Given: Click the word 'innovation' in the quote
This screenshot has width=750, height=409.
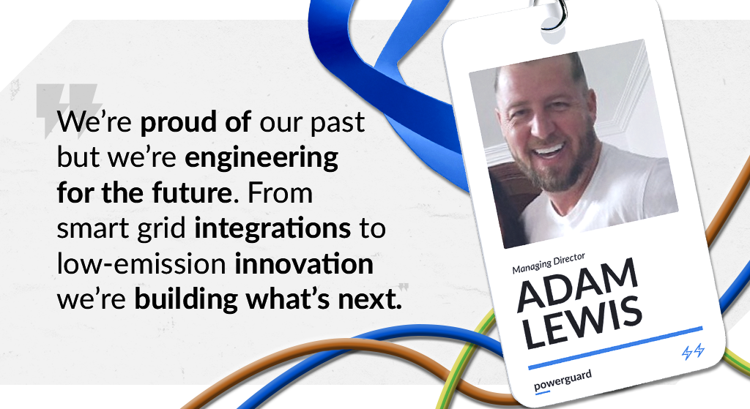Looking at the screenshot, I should pos(304,264).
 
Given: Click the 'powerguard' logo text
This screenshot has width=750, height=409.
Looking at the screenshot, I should pos(562,379).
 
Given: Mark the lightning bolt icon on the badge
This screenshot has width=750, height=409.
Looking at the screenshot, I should pos(692,352).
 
